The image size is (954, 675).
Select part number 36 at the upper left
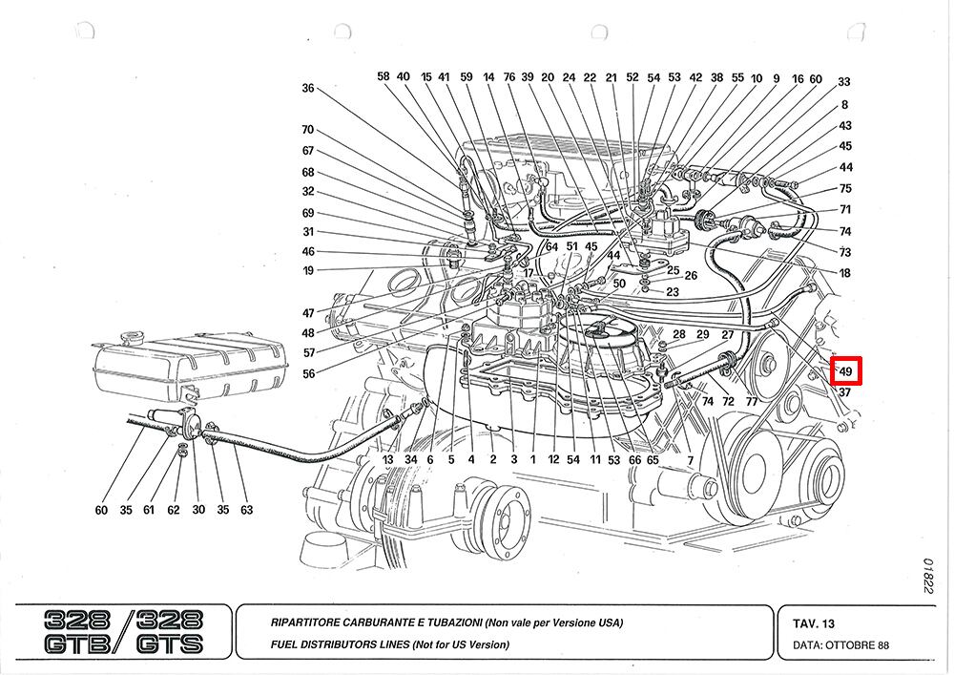[307, 88]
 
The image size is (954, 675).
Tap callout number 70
[307, 130]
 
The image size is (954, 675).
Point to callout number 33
[844, 83]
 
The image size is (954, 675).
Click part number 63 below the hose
[246, 510]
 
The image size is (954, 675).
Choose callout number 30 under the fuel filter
[198, 510]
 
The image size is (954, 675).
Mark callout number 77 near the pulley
[752, 402]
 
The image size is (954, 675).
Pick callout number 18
[844, 273]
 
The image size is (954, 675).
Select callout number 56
[308, 374]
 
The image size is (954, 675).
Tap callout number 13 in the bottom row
[388, 459]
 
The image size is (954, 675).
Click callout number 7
[690, 461]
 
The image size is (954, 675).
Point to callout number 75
[845, 188]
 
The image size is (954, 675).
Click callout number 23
[673, 292]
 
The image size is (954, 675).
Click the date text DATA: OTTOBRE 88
[840, 645]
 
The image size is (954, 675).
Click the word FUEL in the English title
[283, 644]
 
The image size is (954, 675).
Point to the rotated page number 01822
[927, 577]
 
